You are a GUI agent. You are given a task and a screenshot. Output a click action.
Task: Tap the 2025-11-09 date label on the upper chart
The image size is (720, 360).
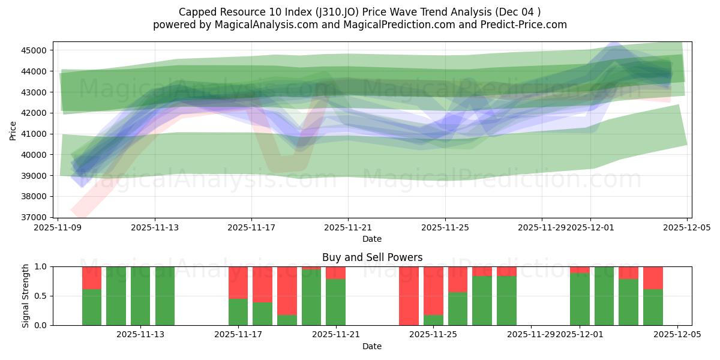click(58, 228)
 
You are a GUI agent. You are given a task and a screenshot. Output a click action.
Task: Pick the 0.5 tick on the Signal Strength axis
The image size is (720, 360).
click(41, 296)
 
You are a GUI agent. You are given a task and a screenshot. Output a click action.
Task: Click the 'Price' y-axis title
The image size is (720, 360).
click(13, 130)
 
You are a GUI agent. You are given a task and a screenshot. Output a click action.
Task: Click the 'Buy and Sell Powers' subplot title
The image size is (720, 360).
click(372, 257)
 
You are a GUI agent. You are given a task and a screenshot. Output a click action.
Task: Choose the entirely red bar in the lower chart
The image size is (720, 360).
click(409, 296)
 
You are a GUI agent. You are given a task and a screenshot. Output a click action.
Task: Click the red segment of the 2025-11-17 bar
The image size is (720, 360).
click(238, 282)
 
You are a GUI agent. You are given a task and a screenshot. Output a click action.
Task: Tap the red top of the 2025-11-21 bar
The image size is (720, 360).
click(335, 273)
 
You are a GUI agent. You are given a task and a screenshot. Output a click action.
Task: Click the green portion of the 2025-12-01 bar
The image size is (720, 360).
click(580, 299)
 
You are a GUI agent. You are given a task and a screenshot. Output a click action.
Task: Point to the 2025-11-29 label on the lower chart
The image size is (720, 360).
click(531, 335)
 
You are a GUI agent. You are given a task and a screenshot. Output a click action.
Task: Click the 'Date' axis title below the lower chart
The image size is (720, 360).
click(372, 346)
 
